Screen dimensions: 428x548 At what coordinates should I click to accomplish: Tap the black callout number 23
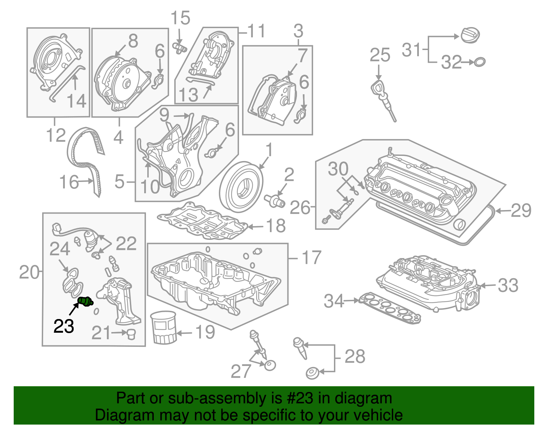(x=64, y=326)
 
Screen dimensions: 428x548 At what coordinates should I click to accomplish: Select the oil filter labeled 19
(x=164, y=327)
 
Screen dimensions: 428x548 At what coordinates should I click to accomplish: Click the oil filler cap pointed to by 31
(x=470, y=35)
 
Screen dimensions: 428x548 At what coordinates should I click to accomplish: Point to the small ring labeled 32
(x=480, y=62)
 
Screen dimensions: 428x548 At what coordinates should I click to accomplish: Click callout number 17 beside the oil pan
(x=311, y=258)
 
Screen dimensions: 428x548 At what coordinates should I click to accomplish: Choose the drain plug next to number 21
(x=131, y=334)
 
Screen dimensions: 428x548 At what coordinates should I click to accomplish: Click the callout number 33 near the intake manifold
(x=508, y=285)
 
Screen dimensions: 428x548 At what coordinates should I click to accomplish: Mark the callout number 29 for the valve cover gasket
(x=521, y=210)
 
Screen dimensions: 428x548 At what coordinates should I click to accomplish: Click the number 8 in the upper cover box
(x=133, y=41)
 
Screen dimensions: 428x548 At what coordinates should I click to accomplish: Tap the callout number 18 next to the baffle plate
(x=276, y=226)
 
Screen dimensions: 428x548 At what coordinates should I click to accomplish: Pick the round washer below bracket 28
(x=312, y=373)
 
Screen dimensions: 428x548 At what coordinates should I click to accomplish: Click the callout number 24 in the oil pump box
(x=60, y=249)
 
